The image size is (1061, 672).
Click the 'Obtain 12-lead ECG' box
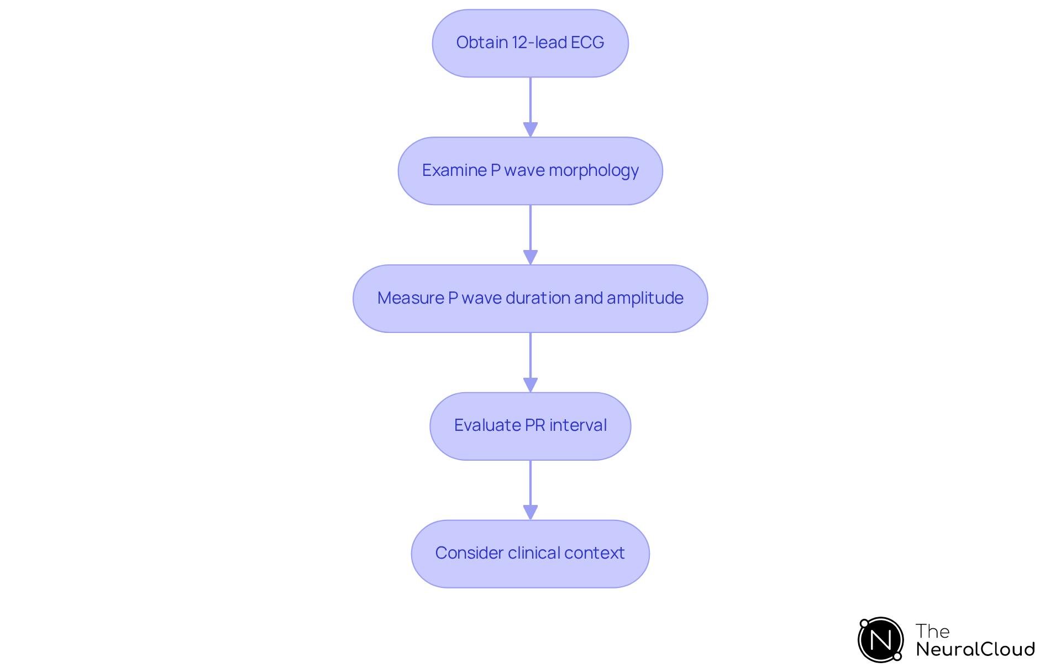coord(530,43)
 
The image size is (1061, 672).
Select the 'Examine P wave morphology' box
coord(530,171)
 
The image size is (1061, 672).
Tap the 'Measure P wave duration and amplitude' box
coord(530,299)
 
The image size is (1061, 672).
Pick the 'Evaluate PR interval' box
coord(530,426)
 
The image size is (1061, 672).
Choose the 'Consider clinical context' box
coord(530,554)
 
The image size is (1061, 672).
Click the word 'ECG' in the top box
coord(587,43)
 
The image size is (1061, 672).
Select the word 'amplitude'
coord(645,298)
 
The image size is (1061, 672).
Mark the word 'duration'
coord(537,298)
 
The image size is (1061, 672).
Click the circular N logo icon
coord(880,640)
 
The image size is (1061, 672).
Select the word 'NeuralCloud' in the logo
coord(975,649)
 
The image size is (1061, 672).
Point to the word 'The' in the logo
coord(932,631)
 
